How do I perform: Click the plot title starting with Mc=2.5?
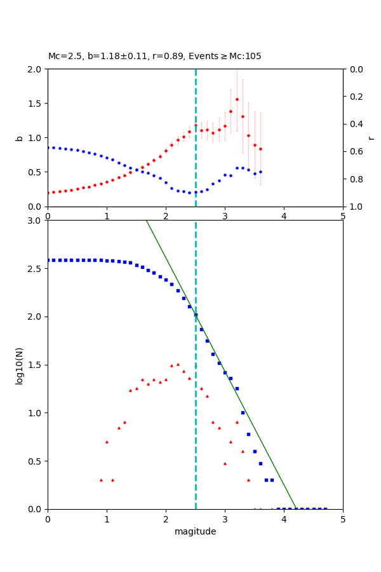154,57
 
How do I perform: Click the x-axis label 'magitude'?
195,531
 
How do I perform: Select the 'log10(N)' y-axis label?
20,365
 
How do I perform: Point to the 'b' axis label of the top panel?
20,138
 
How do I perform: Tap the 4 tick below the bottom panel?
284,519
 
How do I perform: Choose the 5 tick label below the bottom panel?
343,519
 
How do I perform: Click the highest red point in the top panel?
237,99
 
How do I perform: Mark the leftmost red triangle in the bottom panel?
101,480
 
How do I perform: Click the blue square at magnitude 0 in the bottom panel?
48,260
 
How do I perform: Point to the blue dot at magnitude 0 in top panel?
48,147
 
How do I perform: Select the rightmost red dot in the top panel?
260,149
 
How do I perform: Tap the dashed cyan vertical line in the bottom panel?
196,445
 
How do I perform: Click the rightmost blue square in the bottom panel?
325,508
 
